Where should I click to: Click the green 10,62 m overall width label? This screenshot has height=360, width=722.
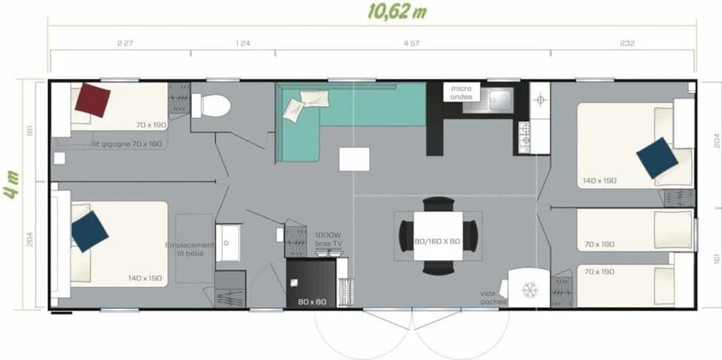[396, 11]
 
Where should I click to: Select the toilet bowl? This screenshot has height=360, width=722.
[212, 106]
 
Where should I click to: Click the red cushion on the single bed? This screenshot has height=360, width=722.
[93, 100]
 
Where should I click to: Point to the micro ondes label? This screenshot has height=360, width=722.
[461, 92]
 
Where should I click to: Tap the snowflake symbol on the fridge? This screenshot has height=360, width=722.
[530, 289]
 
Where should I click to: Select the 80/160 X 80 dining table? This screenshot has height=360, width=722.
[438, 235]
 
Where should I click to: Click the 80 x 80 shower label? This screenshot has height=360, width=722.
[312, 302]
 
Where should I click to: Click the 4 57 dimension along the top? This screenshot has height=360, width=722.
[411, 44]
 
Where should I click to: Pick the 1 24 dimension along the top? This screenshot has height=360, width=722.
[242, 44]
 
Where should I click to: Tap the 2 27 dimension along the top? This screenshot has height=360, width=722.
[125, 44]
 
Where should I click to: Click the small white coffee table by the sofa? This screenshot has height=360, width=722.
[354, 159]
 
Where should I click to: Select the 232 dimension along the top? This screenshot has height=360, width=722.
[626, 44]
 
